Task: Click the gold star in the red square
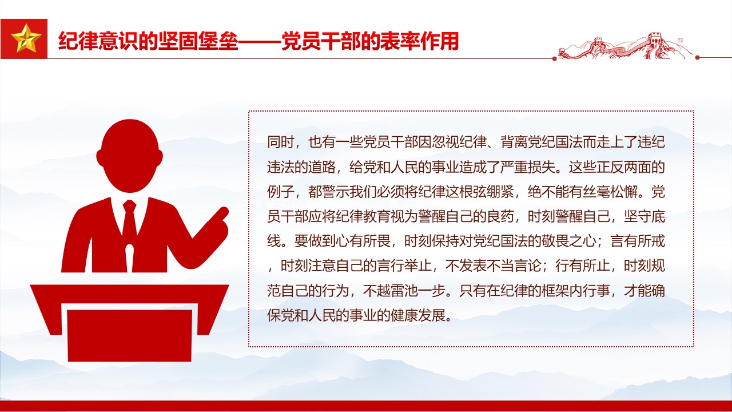pos(26,39)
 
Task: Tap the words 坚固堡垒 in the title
pos(198,41)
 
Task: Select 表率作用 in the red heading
pos(420,41)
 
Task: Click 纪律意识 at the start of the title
pos(98,41)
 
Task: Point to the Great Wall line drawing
pos(626,46)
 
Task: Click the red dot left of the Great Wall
pos(554,58)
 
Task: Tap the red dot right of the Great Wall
pos(697,58)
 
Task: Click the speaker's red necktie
pos(130,229)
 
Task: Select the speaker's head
pos(129,156)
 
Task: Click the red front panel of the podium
pos(129,335)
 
